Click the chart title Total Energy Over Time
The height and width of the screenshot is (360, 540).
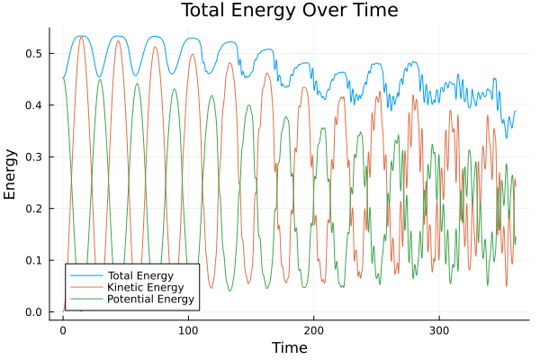tap(274, 11)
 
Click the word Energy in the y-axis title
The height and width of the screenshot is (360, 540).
tap(11, 174)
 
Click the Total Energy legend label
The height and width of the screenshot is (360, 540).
tap(139, 274)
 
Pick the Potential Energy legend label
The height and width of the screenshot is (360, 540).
tap(149, 298)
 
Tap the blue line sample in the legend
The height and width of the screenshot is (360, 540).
tap(85, 274)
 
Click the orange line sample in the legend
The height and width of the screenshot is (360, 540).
tap(85, 286)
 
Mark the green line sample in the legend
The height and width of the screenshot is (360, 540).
tap(85, 298)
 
